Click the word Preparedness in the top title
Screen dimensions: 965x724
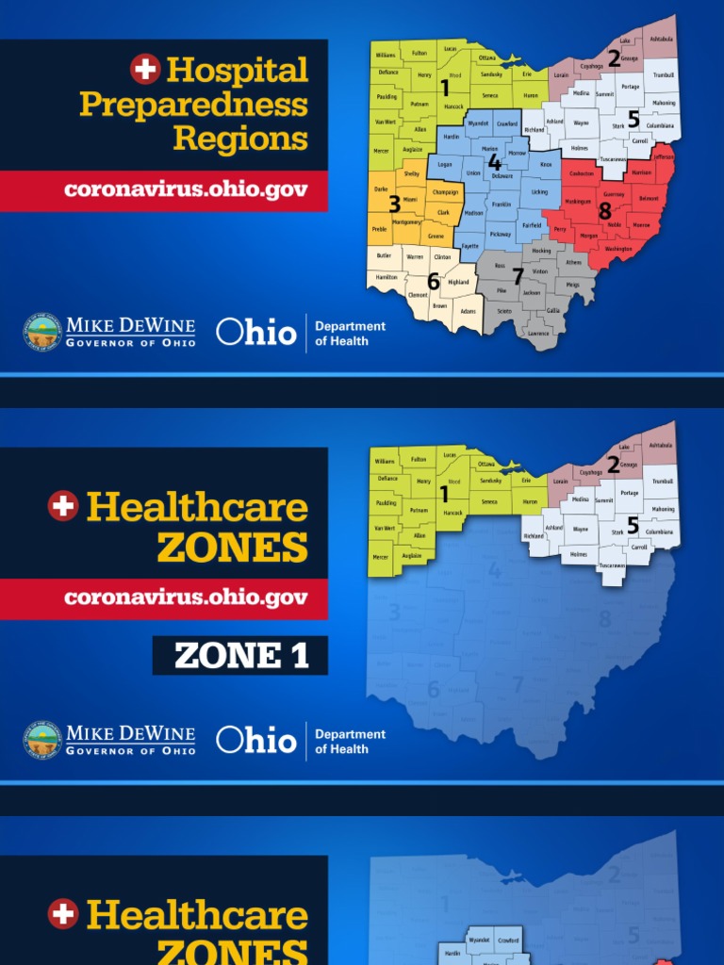(x=193, y=104)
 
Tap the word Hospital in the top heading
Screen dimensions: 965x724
(x=237, y=70)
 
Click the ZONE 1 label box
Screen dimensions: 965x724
(x=240, y=655)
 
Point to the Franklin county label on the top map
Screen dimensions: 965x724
(x=502, y=204)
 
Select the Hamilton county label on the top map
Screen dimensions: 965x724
(x=387, y=278)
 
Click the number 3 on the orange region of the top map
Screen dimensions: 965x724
(x=394, y=202)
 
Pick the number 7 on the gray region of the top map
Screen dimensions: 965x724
(x=517, y=277)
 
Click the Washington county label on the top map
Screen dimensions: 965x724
(x=618, y=250)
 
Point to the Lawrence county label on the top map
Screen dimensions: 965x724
(x=538, y=334)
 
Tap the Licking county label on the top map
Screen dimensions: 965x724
(x=539, y=192)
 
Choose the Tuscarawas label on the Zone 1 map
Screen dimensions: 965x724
(x=612, y=565)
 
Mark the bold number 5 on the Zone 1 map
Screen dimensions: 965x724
(x=633, y=526)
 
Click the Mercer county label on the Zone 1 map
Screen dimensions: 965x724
(x=380, y=557)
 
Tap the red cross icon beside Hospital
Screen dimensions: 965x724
(x=145, y=68)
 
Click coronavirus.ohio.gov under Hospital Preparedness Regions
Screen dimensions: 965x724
(x=186, y=189)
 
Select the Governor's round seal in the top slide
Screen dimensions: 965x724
(x=42, y=333)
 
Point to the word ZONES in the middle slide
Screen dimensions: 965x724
(x=232, y=548)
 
